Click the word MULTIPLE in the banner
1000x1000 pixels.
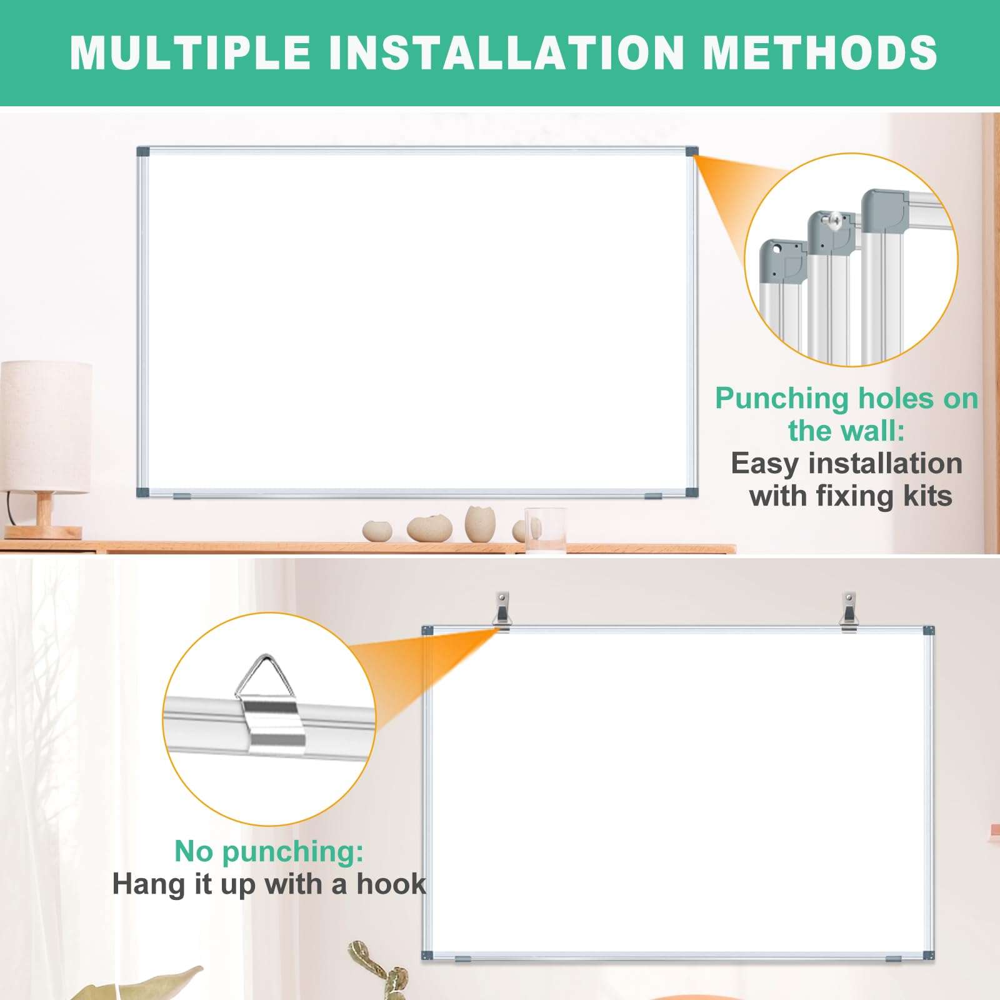[x=190, y=52]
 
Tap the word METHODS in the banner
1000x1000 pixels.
[x=819, y=52]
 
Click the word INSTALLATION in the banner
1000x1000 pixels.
[x=506, y=52]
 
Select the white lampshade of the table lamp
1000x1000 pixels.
[x=46, y=425]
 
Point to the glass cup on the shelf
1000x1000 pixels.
[x=544, y=531]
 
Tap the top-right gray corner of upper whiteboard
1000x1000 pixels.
[x=691, y=151]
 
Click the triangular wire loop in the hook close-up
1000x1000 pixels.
[x=264, y=677]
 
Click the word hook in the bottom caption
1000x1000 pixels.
[x=391, y=884]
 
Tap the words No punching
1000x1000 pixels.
[x=269, y=851]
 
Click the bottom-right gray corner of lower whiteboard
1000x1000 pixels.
[x=929, y=955]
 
